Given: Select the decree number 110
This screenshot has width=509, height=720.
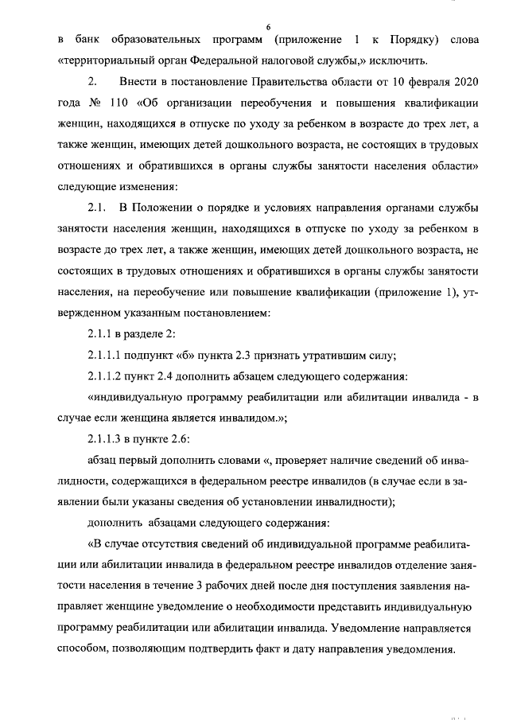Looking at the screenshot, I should [x=128, y=102].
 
